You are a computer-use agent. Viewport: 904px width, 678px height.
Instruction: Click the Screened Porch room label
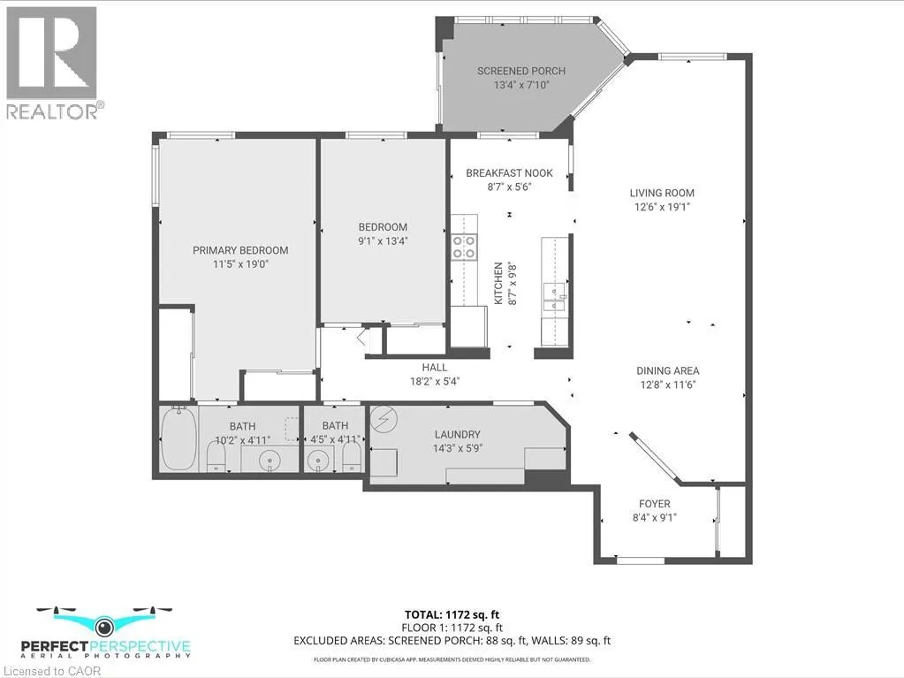pyautogui.click(x=521, y=71)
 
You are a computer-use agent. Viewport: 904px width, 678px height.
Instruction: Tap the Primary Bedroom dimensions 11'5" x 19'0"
pyautogui.click(x=241, y=264)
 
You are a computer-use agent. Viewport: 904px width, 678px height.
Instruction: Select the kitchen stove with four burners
pyautogui.click(x=464, y=247)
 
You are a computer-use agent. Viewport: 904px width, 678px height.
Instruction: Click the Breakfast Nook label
pyautogui.click(x=509, y=173)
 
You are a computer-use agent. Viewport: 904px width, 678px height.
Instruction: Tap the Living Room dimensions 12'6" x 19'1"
pyautogui.click(x=662, y=206)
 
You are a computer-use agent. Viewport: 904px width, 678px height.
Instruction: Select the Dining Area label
pyautogui.click(x=668, y=370)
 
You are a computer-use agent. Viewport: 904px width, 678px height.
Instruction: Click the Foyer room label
pyautogui.click(x=655, y=504)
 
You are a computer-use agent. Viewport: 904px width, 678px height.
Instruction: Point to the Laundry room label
pyautogui.click(x=457, y=434)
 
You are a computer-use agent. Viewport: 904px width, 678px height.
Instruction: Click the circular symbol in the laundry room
pyautogui.click(x=384, y=419)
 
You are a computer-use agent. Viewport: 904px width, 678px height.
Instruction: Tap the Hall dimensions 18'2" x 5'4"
pyautogui.click(x=435, y=381)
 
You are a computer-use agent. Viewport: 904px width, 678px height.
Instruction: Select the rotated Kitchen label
pyautogui.click(x=498, y=283)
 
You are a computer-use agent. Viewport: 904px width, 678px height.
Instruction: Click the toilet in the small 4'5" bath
pyautogui.click(x=352, y=460)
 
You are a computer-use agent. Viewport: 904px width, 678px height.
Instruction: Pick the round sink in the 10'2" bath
pyautogui.click(x=269, y=461)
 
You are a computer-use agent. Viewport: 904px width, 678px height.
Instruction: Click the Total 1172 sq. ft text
pyautogui.click(x=452, y=614)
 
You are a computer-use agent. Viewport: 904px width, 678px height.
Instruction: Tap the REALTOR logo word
pyautogui.click(x=52, y=111)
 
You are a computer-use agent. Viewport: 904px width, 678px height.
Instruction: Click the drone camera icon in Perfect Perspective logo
pyautogui.click(x=104, y=625)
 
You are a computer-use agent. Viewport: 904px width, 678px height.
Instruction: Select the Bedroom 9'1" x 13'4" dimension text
pyautogui.click(x=383, y=241)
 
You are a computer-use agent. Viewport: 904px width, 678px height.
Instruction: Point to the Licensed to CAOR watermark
pyautogui.click(x=50, y=671)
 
